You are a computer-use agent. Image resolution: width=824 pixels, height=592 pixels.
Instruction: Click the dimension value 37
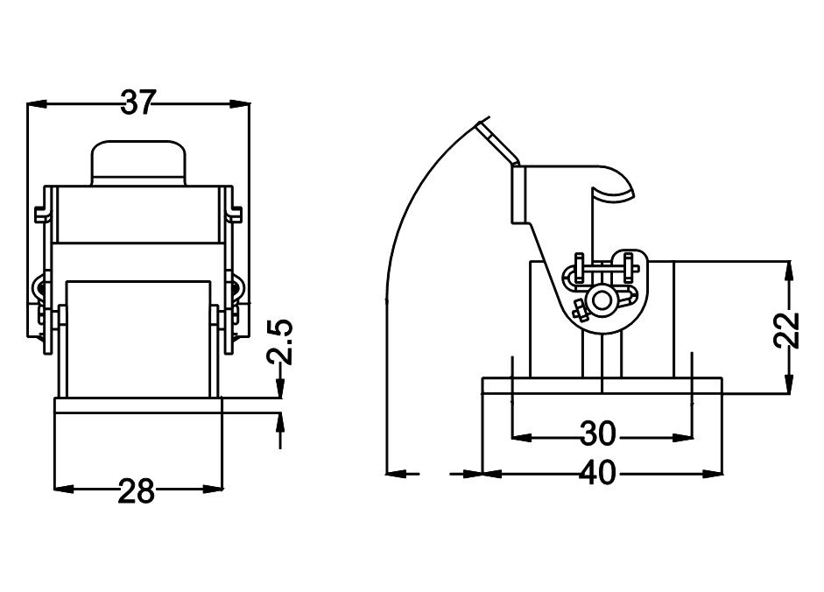(x=137, y=103)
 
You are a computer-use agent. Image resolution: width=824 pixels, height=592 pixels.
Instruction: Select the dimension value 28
(x=137, y=490)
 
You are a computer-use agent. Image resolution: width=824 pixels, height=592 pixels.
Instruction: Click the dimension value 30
(x=599, y=433)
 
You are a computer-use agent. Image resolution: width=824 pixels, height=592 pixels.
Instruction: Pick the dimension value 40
(x=599, y=474)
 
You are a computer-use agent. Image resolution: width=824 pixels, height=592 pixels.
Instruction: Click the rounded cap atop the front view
(x=138, y=163)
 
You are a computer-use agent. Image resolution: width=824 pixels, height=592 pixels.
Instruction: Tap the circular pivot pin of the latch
(x=602, y=300)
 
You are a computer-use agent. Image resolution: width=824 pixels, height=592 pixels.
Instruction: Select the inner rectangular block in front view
(x=138, y=337)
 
